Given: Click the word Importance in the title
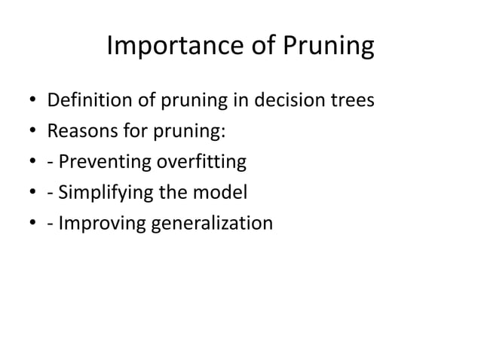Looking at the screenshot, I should (x=173, y=47).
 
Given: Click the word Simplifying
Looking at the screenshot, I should (x=100, y=194).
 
